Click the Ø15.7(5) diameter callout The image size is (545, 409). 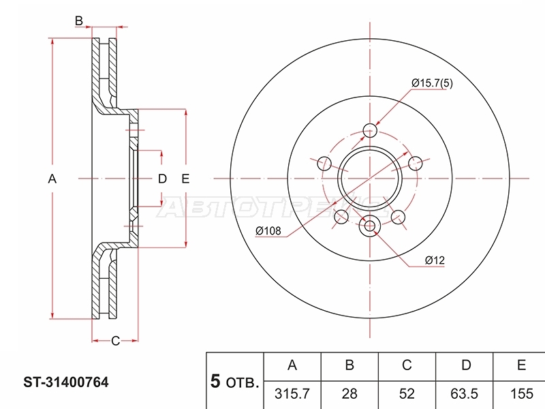point(432,83)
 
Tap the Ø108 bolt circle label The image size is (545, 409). point(268,231)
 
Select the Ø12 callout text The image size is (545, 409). point(435,260)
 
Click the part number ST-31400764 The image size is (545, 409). point(66,382)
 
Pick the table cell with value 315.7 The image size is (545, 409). point(292,394)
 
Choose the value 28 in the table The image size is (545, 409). point(349,394)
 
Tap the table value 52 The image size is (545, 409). point(407,394)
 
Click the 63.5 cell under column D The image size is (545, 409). point(464,394)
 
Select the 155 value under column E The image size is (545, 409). point(521,394)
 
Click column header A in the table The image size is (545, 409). point(292,365)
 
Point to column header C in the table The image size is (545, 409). point(407,365)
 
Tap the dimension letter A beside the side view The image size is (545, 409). point(52,179)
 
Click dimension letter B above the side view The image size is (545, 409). point(79,21)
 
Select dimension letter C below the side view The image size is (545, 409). point(115,341)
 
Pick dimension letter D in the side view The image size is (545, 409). point(162,179)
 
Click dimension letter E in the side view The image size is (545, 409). point(185,179)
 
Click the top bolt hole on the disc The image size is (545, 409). point(370,131)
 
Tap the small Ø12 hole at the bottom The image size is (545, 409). point(370,226)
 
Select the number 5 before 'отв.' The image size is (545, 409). point(215,381)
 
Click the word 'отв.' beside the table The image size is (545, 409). point(243,383)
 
